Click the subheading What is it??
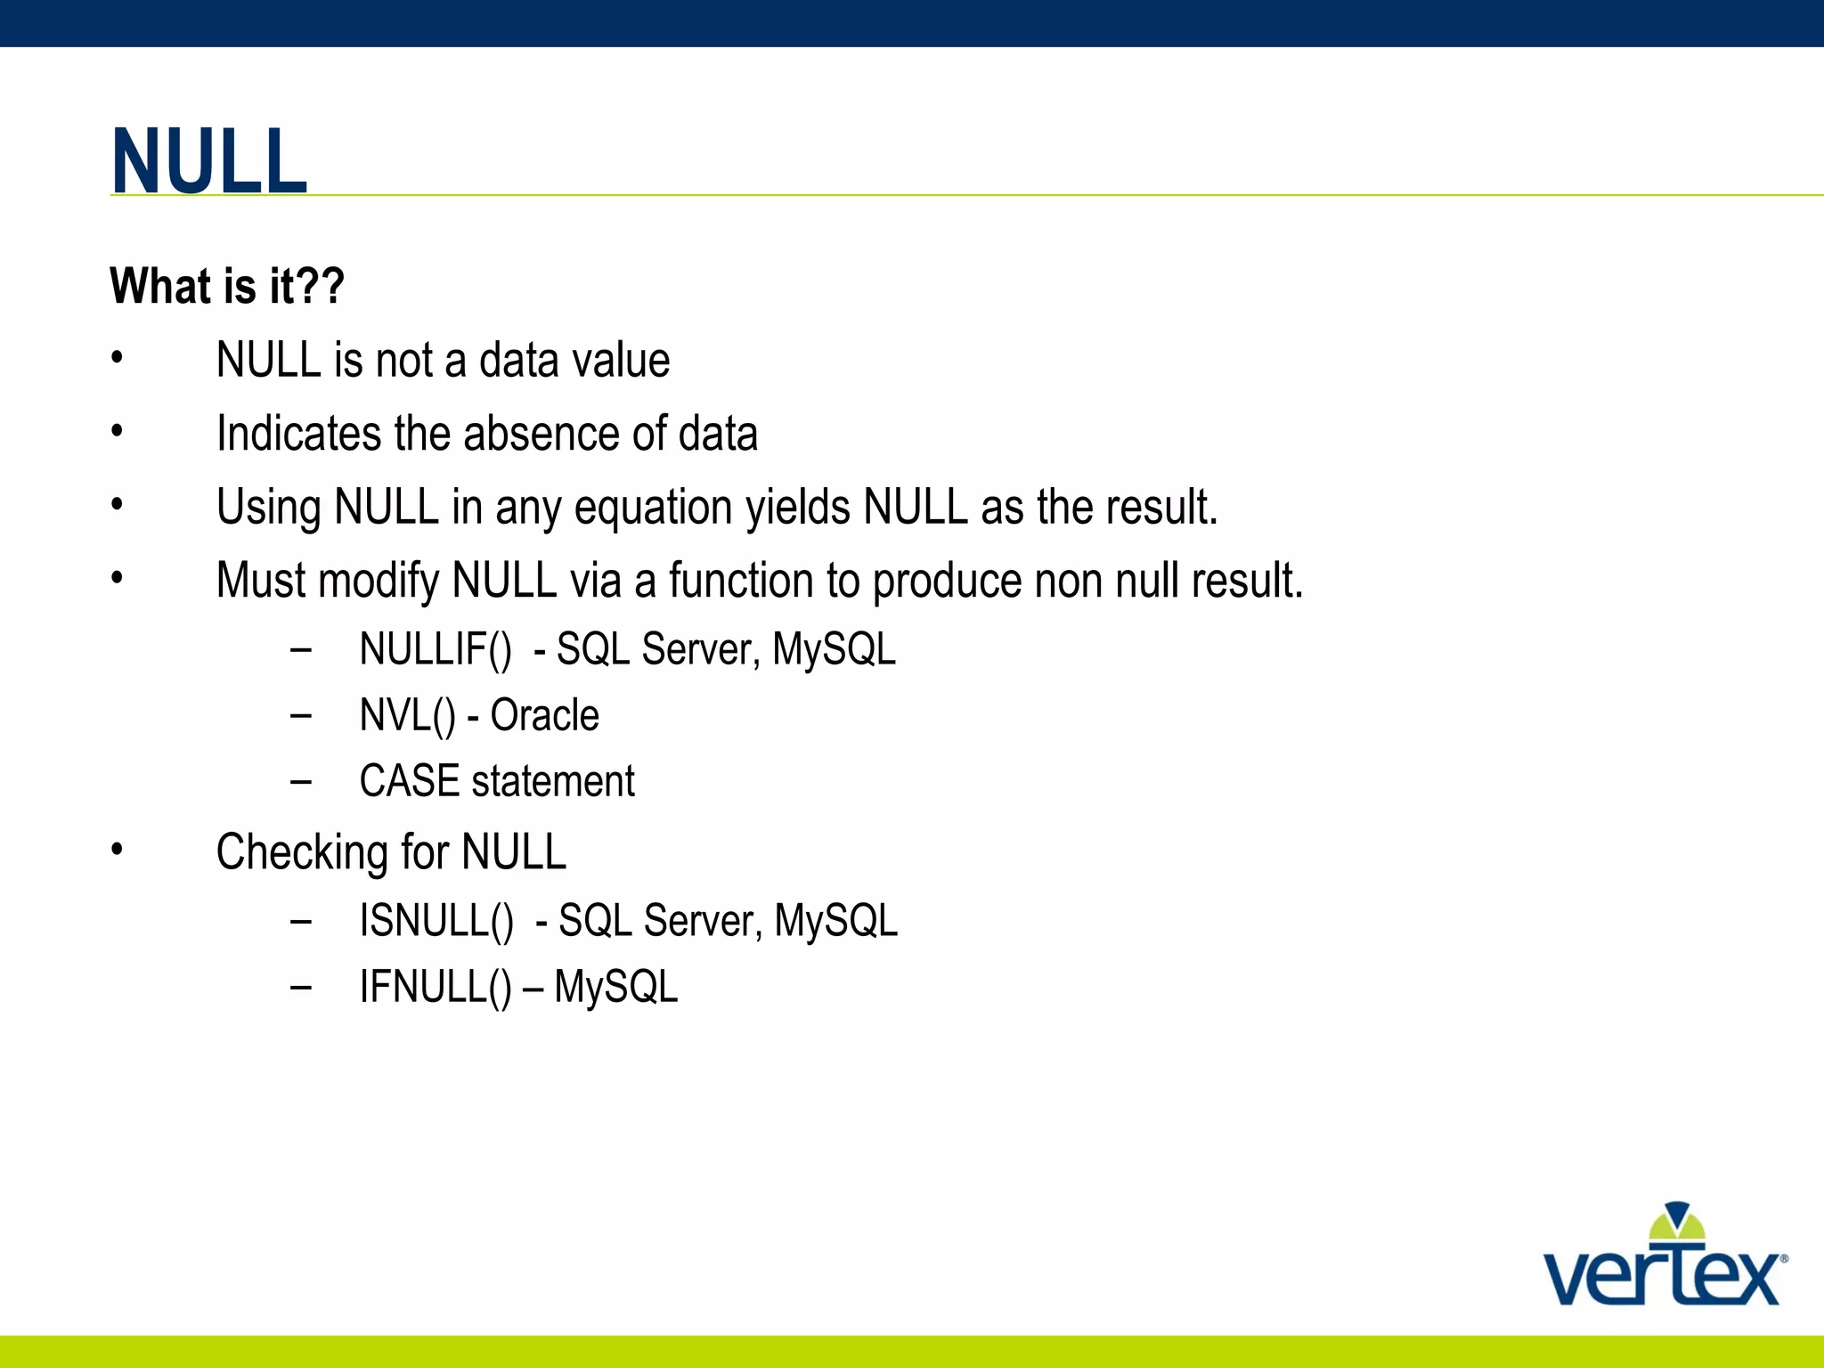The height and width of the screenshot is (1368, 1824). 227,286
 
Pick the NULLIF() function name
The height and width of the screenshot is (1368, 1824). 436,649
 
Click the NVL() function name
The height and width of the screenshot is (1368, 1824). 407,715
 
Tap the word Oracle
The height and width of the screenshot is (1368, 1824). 544,715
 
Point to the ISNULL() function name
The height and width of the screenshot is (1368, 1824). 436,921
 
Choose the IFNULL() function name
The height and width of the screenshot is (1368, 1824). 436,987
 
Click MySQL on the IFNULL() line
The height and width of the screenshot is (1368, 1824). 615,987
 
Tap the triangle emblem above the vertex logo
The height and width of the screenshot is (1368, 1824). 1677,1221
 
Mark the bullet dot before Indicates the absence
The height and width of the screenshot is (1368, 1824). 117,432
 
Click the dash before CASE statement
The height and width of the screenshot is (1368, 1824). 301,782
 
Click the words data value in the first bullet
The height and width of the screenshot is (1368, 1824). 574,361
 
